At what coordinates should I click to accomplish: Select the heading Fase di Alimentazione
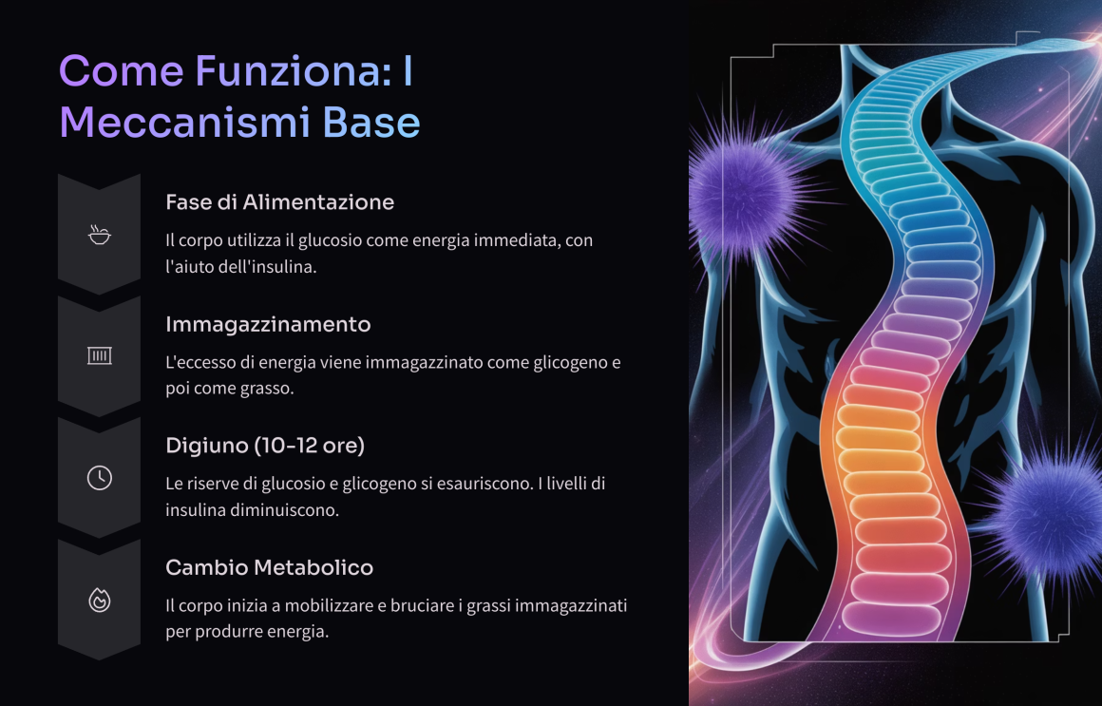[279, 202]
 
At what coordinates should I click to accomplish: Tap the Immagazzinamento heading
[268, 325]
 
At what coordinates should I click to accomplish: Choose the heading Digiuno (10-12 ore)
[265, 446]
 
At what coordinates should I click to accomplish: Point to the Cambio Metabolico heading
[269, 567]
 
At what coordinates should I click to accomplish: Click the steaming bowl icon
[99, 234]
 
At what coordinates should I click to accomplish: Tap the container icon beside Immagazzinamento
[99, 355]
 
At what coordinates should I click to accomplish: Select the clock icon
[99, 478]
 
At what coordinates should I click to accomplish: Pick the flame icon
[99, 600]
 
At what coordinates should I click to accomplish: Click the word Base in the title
[371, 123]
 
